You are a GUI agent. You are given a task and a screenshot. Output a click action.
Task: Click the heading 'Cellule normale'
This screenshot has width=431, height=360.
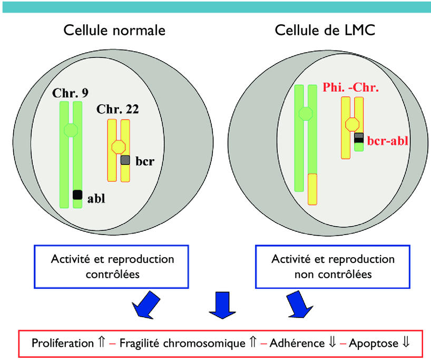click(x=114, y=30)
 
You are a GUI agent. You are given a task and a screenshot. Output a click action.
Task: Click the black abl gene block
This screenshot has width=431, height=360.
click(x=77, y=194)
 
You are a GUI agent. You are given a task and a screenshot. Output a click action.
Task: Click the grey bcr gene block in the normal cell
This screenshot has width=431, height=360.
click(x=125, y=160)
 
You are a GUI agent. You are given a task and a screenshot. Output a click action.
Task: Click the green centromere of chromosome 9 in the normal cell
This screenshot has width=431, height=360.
click(x=71, y=130)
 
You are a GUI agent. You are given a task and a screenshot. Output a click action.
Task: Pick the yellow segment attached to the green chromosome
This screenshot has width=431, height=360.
click(x=312, y=189)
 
